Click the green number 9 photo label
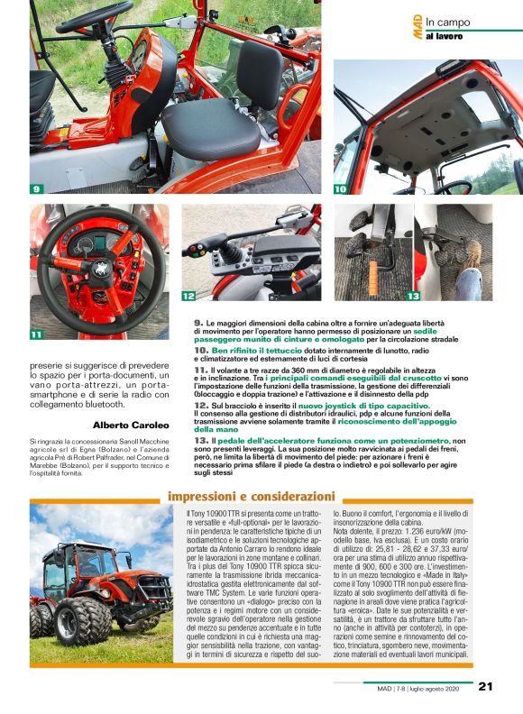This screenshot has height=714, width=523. click(37, 189)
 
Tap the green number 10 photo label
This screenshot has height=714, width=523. click(341, 189)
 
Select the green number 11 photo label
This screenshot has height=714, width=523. click(37, 334)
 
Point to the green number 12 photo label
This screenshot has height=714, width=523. click(188, 295)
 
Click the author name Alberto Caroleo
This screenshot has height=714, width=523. click(129, 426)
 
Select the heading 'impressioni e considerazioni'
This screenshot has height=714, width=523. click(252, 496)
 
